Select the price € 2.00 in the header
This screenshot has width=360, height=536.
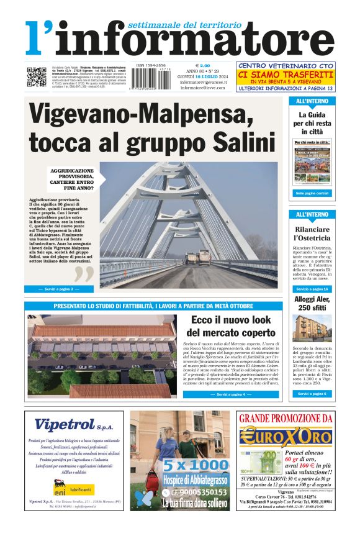tap(203, 66)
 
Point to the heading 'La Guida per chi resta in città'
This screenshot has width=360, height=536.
tap(312, 123)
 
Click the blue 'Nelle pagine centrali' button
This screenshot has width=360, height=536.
tap(312, 193)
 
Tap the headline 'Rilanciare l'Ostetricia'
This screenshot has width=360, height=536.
tap(312, 233)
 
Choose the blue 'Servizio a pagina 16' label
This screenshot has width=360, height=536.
tap(312, 289)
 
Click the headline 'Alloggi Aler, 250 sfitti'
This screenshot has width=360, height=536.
tap(312, 304)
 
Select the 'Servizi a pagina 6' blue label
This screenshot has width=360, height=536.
tap(312, 393)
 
